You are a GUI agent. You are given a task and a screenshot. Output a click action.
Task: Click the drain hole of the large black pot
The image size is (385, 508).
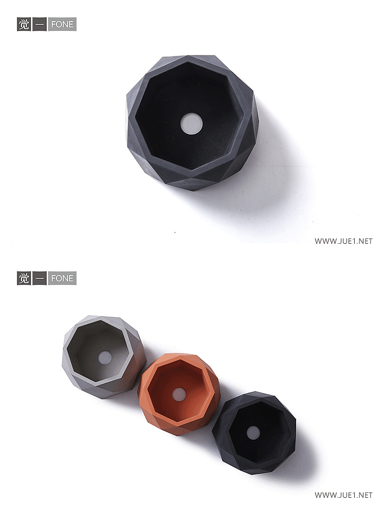[x=191, y=124]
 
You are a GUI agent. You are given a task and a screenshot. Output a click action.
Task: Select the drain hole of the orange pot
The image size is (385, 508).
[x=179, y=394]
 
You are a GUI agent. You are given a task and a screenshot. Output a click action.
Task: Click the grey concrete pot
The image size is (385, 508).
[x=104, y=357]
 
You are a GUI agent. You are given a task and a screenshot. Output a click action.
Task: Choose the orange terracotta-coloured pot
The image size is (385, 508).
[x=179, y=394]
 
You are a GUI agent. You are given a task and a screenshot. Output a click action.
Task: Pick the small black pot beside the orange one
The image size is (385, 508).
[x=254, y=433]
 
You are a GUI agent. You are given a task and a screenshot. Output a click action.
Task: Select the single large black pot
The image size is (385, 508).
[x=192, y=123]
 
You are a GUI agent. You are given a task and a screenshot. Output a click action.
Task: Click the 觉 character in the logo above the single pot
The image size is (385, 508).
[x=24, y=24]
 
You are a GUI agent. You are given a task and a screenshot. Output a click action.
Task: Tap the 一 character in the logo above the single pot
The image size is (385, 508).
[x=40, y=24]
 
